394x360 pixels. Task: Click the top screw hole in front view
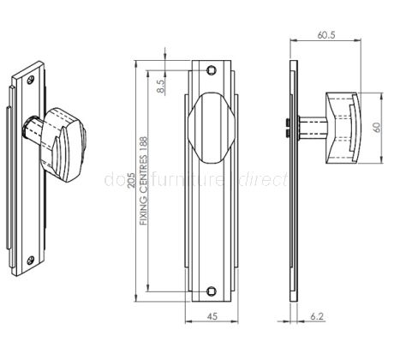tap(212, 71)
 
